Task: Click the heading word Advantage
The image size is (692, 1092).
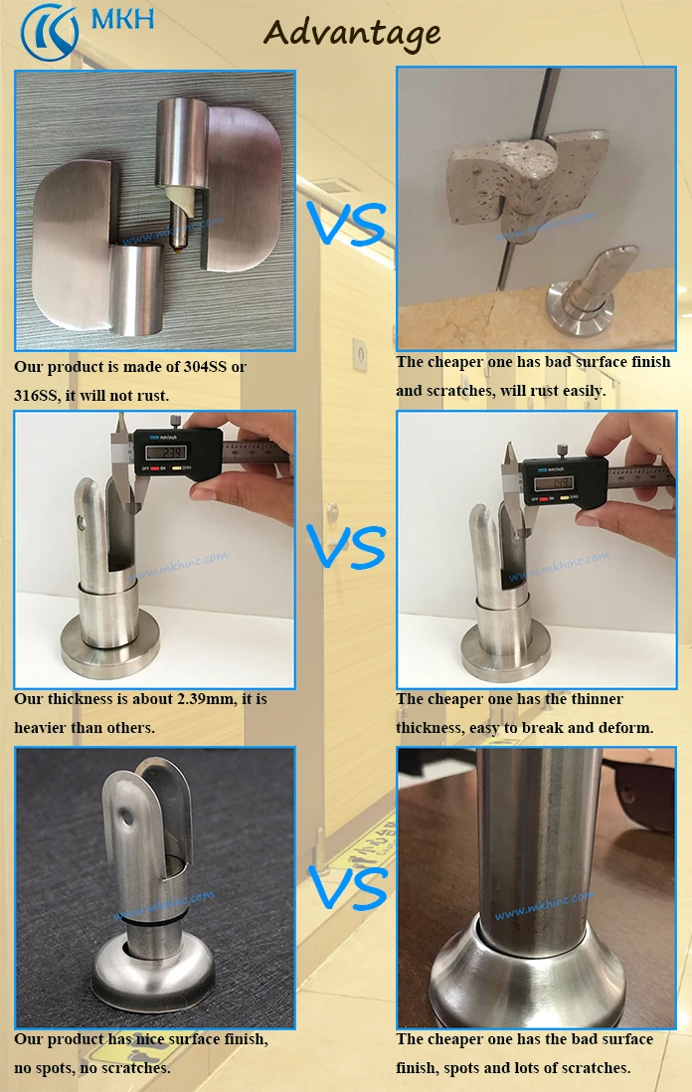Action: tap(352, 33)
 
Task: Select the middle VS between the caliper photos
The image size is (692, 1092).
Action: tap(346, 546)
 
